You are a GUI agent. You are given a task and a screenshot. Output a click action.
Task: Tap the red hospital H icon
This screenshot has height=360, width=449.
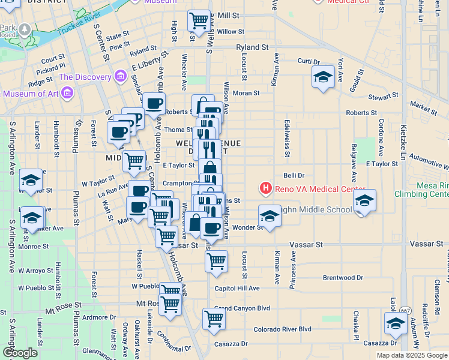(265, 189)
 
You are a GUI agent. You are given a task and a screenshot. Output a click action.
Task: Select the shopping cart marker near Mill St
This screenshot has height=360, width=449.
(199, 20)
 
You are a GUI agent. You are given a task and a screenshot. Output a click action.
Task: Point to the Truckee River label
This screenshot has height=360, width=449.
(77, 26)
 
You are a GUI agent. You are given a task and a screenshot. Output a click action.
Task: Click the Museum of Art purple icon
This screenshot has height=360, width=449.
(67, 93)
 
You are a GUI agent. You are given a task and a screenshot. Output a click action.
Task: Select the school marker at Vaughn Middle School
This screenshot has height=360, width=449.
(270, 216)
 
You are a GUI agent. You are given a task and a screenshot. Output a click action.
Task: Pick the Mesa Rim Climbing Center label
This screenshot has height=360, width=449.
(421, 190)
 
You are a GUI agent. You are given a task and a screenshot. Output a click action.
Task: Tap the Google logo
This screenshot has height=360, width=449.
(20, 353)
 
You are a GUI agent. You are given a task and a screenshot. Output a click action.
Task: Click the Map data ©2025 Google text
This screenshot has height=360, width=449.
(412, 355)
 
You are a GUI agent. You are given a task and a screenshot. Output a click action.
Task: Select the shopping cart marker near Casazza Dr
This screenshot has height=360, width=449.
(214, 319)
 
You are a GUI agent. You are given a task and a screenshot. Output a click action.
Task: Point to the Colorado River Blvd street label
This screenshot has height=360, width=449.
(282, 329)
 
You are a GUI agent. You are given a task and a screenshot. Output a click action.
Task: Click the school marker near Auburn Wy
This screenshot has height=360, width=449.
(396, 324)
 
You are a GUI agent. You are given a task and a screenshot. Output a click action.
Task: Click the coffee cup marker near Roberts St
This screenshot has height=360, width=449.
(154, 103)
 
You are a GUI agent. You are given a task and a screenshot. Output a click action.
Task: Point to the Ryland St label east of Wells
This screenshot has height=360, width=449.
(252, 47)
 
